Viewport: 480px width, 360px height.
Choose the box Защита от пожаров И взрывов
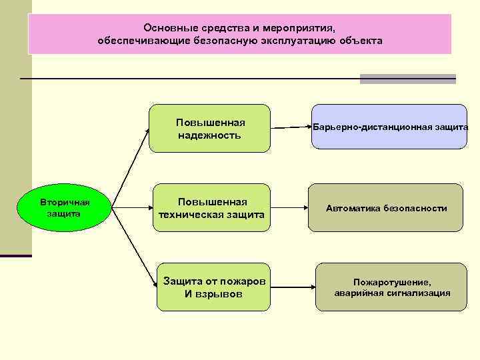point(214,287)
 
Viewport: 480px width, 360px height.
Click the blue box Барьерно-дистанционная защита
point(390,126)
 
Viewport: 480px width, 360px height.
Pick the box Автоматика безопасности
point(387,208)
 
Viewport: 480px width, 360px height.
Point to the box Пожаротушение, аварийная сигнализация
point(392,287)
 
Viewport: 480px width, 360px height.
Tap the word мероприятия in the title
point(300,29)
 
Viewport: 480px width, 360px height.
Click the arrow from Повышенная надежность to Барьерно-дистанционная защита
point(290,126)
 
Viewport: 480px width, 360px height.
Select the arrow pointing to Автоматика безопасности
point(290,208)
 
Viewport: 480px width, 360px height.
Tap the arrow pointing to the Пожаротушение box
point(291,287)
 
